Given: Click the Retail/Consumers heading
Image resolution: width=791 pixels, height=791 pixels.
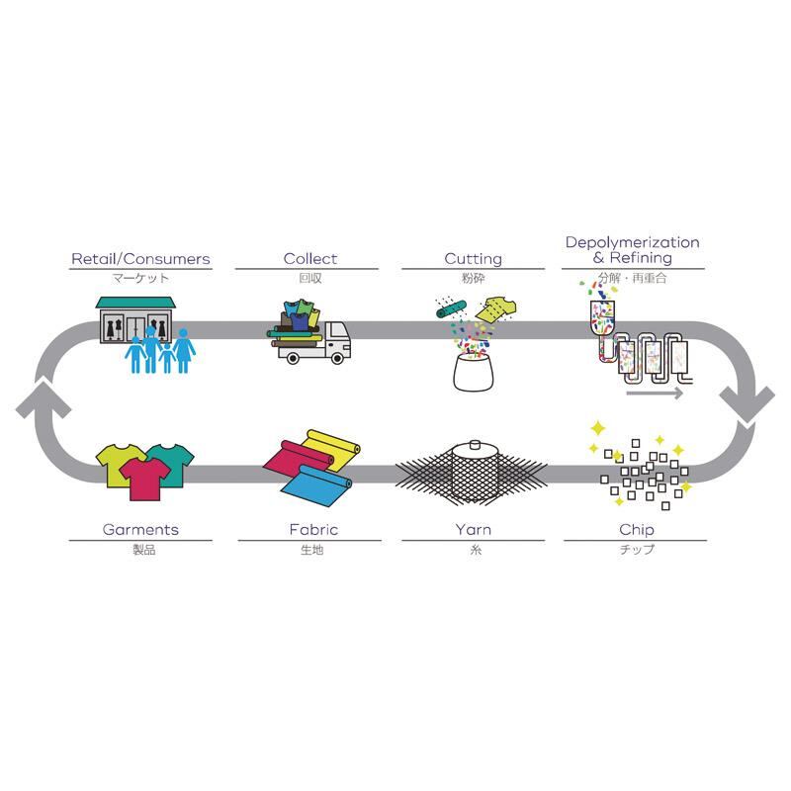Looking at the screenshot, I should click(x=140, y=259).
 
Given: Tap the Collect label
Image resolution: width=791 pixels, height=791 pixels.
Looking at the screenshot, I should click(x=309, y=259).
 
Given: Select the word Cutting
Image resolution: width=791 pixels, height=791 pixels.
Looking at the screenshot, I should click(x=473, y=259).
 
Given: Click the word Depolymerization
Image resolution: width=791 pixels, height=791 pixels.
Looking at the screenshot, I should click(x=632, y=242).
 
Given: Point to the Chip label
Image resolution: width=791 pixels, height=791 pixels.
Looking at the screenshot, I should click(x=635, y=530).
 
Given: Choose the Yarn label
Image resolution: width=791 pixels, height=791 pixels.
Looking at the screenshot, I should click(x=473, y=530).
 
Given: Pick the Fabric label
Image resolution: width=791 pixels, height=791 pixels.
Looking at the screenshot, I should click(x=309, y=530).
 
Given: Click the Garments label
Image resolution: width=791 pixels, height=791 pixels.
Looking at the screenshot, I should click(x=140, y=530).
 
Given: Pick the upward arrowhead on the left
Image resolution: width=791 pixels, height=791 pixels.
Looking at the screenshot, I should click(x=38, y=401).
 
